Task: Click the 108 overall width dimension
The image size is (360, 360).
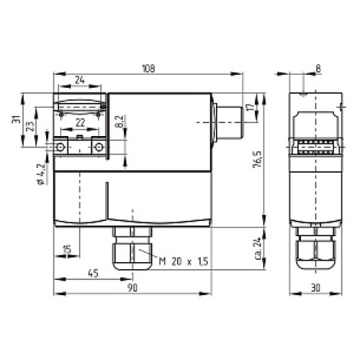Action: (148, 68)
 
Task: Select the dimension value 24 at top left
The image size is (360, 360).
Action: (80, 80)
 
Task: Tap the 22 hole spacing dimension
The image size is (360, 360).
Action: (80, 123)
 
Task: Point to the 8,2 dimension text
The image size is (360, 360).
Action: (120, 122)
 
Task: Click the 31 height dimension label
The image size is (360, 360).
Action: (17, 119)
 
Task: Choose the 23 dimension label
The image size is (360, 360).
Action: (30, 126)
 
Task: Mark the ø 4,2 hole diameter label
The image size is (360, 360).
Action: (41, 174)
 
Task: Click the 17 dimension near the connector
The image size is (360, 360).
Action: (251, 107)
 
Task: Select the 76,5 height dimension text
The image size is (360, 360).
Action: (258, 159)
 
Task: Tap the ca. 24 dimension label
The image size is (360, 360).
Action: (258, 248)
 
